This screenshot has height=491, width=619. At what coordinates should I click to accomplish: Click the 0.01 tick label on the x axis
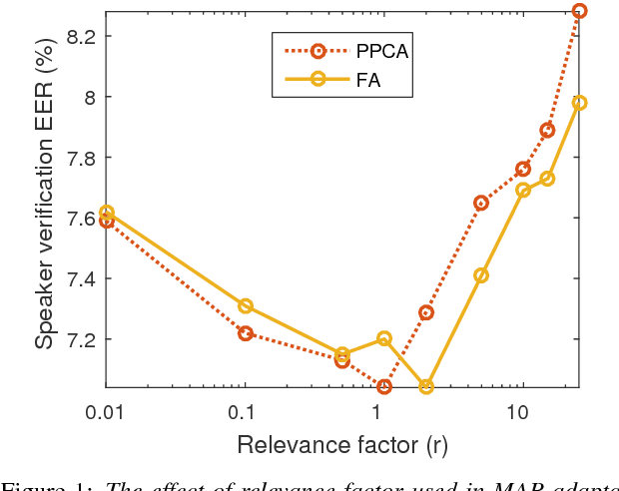104,412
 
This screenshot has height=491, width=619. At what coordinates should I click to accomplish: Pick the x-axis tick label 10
517,412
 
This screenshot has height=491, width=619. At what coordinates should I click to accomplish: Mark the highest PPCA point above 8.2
579,11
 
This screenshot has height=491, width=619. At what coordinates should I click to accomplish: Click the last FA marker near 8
579,103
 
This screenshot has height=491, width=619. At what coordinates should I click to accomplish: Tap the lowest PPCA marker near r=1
384,386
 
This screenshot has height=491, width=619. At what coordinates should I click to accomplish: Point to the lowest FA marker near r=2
426,386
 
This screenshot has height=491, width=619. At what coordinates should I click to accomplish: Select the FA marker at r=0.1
246,305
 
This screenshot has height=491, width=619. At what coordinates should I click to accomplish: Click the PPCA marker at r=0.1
246,333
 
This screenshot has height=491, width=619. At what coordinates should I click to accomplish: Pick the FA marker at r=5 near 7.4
481,275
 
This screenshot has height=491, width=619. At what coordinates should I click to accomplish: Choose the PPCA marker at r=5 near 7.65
481,203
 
